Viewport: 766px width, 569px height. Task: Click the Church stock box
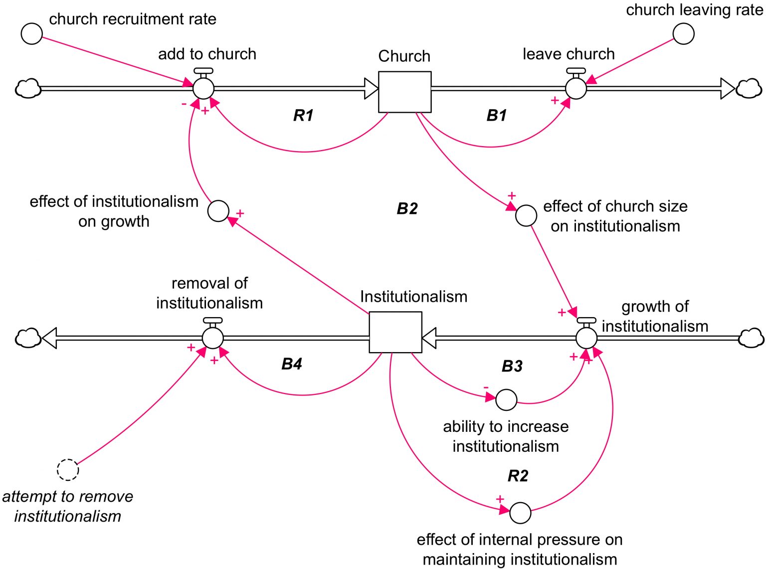coord(404,92)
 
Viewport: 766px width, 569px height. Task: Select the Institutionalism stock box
coord(395,332)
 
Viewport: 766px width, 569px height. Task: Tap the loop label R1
coord(303,115)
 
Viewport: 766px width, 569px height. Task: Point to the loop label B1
coord(497,115)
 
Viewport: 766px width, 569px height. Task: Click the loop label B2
coord(407,208)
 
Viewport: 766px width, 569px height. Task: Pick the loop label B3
coord(512,366)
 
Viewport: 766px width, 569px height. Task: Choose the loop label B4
coord(292,364)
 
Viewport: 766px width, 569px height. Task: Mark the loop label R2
coord(518,476)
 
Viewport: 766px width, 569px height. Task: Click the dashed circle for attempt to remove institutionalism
coord(68,470)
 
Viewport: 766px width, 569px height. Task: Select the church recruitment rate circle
coord(32,33)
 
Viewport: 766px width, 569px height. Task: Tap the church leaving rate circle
coord(683,33)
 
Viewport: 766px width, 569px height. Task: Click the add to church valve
coord(203,88)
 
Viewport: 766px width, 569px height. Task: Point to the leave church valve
coord(576,88)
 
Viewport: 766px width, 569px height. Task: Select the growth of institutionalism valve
coord(586,338)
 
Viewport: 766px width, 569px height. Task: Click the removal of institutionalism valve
coord(213,338)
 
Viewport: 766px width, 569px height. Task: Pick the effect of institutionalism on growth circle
coord(218,211)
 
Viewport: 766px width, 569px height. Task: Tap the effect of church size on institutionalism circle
coord(526,215)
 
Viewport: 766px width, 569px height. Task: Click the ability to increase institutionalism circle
coord(506,399)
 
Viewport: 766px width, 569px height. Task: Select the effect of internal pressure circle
coord(520,513)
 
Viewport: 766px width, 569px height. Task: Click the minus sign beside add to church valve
coord(184,104)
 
